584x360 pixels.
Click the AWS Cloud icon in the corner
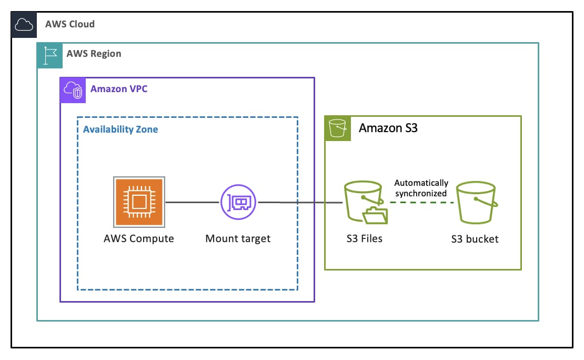pos(24,25)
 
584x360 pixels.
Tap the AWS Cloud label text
pos(69,24)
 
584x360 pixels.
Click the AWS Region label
pos(94,54)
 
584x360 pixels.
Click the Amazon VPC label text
pos(119,89)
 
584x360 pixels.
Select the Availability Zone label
pos(120,129)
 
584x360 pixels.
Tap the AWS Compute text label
pos(139,238)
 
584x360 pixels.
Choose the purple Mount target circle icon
pos(238,202)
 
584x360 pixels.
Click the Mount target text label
pos(238,238)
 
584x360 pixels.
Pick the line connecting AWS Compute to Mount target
pos(192,202)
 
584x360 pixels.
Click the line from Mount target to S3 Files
pos(300,202)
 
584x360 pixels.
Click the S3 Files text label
pos(361,238)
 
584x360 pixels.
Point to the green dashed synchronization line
pos(421,203)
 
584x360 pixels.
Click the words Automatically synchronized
pos(421,188)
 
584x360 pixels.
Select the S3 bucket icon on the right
pos(475,202)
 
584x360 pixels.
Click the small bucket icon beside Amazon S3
pos(337,128)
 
